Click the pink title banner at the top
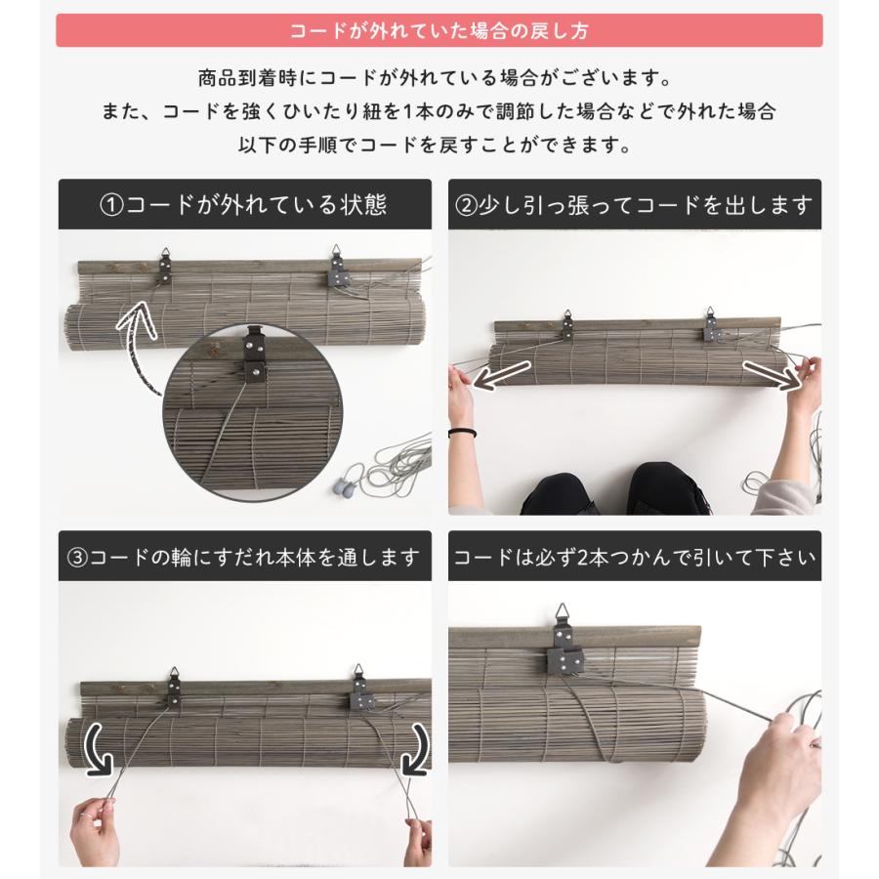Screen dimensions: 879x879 [439, 30]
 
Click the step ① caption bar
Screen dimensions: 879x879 [244, 205]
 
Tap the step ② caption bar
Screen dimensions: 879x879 [635, 205]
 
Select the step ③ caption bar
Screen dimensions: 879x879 [244, 558]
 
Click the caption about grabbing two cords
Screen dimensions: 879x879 [635, 558]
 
